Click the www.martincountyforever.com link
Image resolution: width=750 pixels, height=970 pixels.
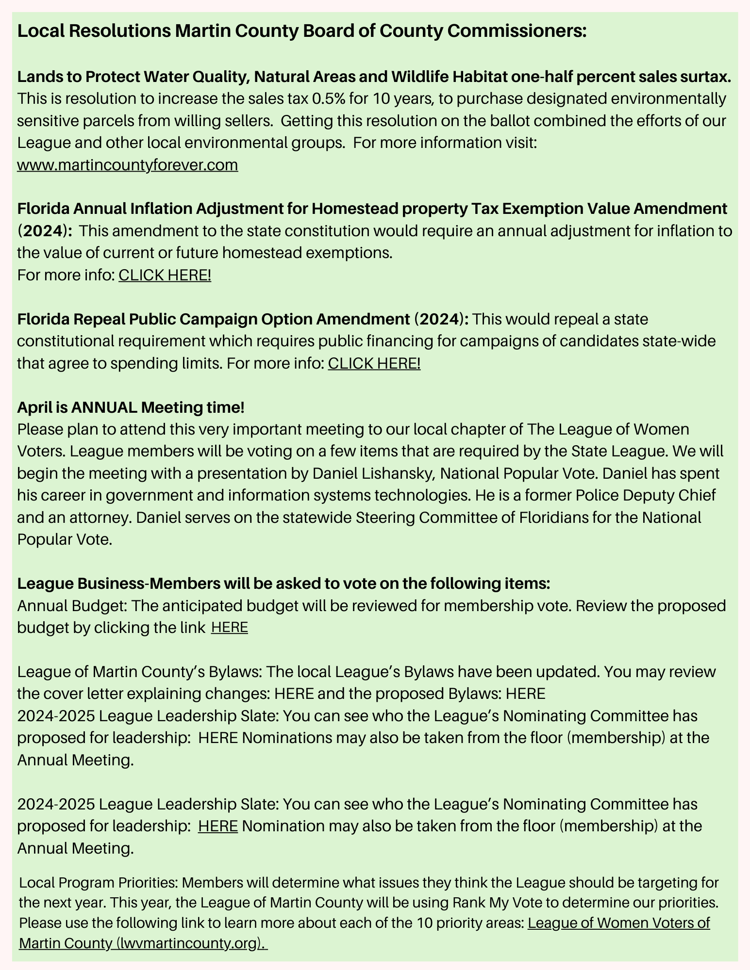127,165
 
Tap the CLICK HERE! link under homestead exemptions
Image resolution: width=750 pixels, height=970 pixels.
165,275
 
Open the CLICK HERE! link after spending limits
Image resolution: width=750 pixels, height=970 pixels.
374,363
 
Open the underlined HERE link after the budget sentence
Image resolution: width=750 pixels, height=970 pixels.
230,628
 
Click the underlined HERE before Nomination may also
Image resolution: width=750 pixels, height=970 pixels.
218,826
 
